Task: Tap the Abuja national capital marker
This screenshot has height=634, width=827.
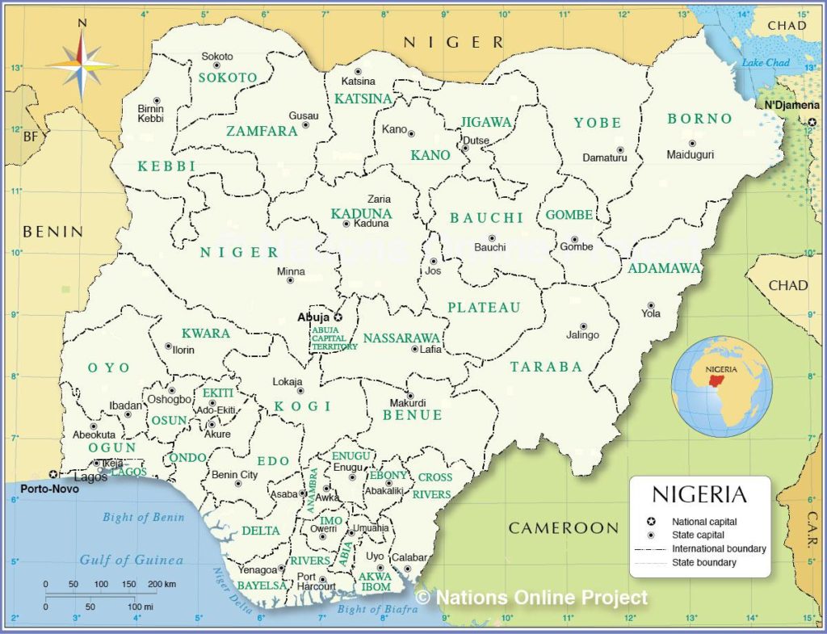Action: (x=338, y=317)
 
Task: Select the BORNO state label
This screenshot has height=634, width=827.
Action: (x=699, y=119)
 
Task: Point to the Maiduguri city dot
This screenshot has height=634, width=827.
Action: (x=692, y=143)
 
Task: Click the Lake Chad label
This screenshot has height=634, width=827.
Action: (x=765, y=63)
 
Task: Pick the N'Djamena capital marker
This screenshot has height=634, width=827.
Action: (x=812, y=121)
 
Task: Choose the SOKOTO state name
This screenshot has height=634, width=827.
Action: (x=228, y=78)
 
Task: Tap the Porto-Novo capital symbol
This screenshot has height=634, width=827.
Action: (x=53, y=474)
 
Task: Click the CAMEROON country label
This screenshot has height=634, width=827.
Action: (x=563, y=528)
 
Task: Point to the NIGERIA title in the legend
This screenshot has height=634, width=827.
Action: (x=699, y=493)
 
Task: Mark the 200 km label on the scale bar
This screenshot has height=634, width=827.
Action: (x=162, y=584)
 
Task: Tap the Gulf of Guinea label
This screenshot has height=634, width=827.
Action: (x=131, y=560)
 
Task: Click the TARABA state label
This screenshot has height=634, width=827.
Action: (x=546, y=367)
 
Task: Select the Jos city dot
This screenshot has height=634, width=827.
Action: (x=434, y=261)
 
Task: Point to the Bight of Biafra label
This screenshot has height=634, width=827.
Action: (x=377, y=610)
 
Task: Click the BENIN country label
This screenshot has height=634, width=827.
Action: (x=52, y=232)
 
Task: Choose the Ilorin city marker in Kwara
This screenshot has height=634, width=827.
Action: (x=169, y=346)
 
